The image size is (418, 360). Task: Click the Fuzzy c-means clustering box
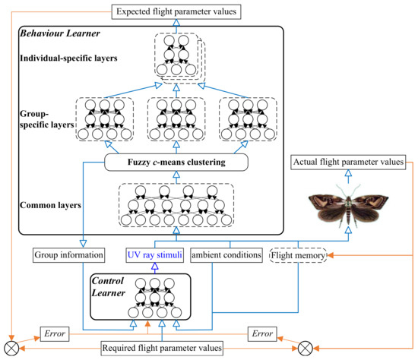[176, 162]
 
